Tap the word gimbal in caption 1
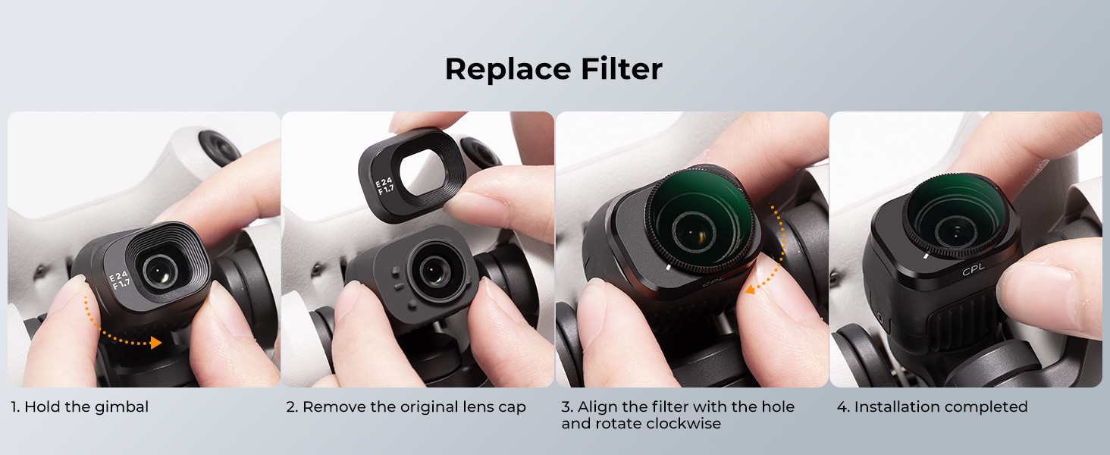coord(121,407)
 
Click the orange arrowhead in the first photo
coord(156,343)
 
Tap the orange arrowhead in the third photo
coord(751,288)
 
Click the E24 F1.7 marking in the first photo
coord(120,280)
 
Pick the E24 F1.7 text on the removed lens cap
coord(384,186)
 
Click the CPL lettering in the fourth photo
coord(974,270)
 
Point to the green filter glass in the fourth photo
coord(956,214)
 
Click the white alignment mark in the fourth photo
coord(926,256)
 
